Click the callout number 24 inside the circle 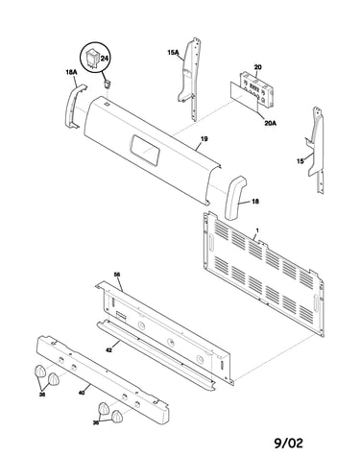[105, 59]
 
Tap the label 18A [71, 72]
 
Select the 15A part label [173, 52]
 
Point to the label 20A [271, 122]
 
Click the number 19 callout [204, 139]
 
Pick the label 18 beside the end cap [255, 202]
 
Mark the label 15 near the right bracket [300, 161]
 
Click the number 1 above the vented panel [257, 230]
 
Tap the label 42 [108, 350]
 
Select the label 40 [82, 393]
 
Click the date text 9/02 [288, 444]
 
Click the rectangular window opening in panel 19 [145, 150]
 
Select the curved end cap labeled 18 [235, 198]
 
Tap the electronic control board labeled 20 [256, 88]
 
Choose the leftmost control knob [39, 372]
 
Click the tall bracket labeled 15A [190, 79]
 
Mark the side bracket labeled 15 [316, 150]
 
